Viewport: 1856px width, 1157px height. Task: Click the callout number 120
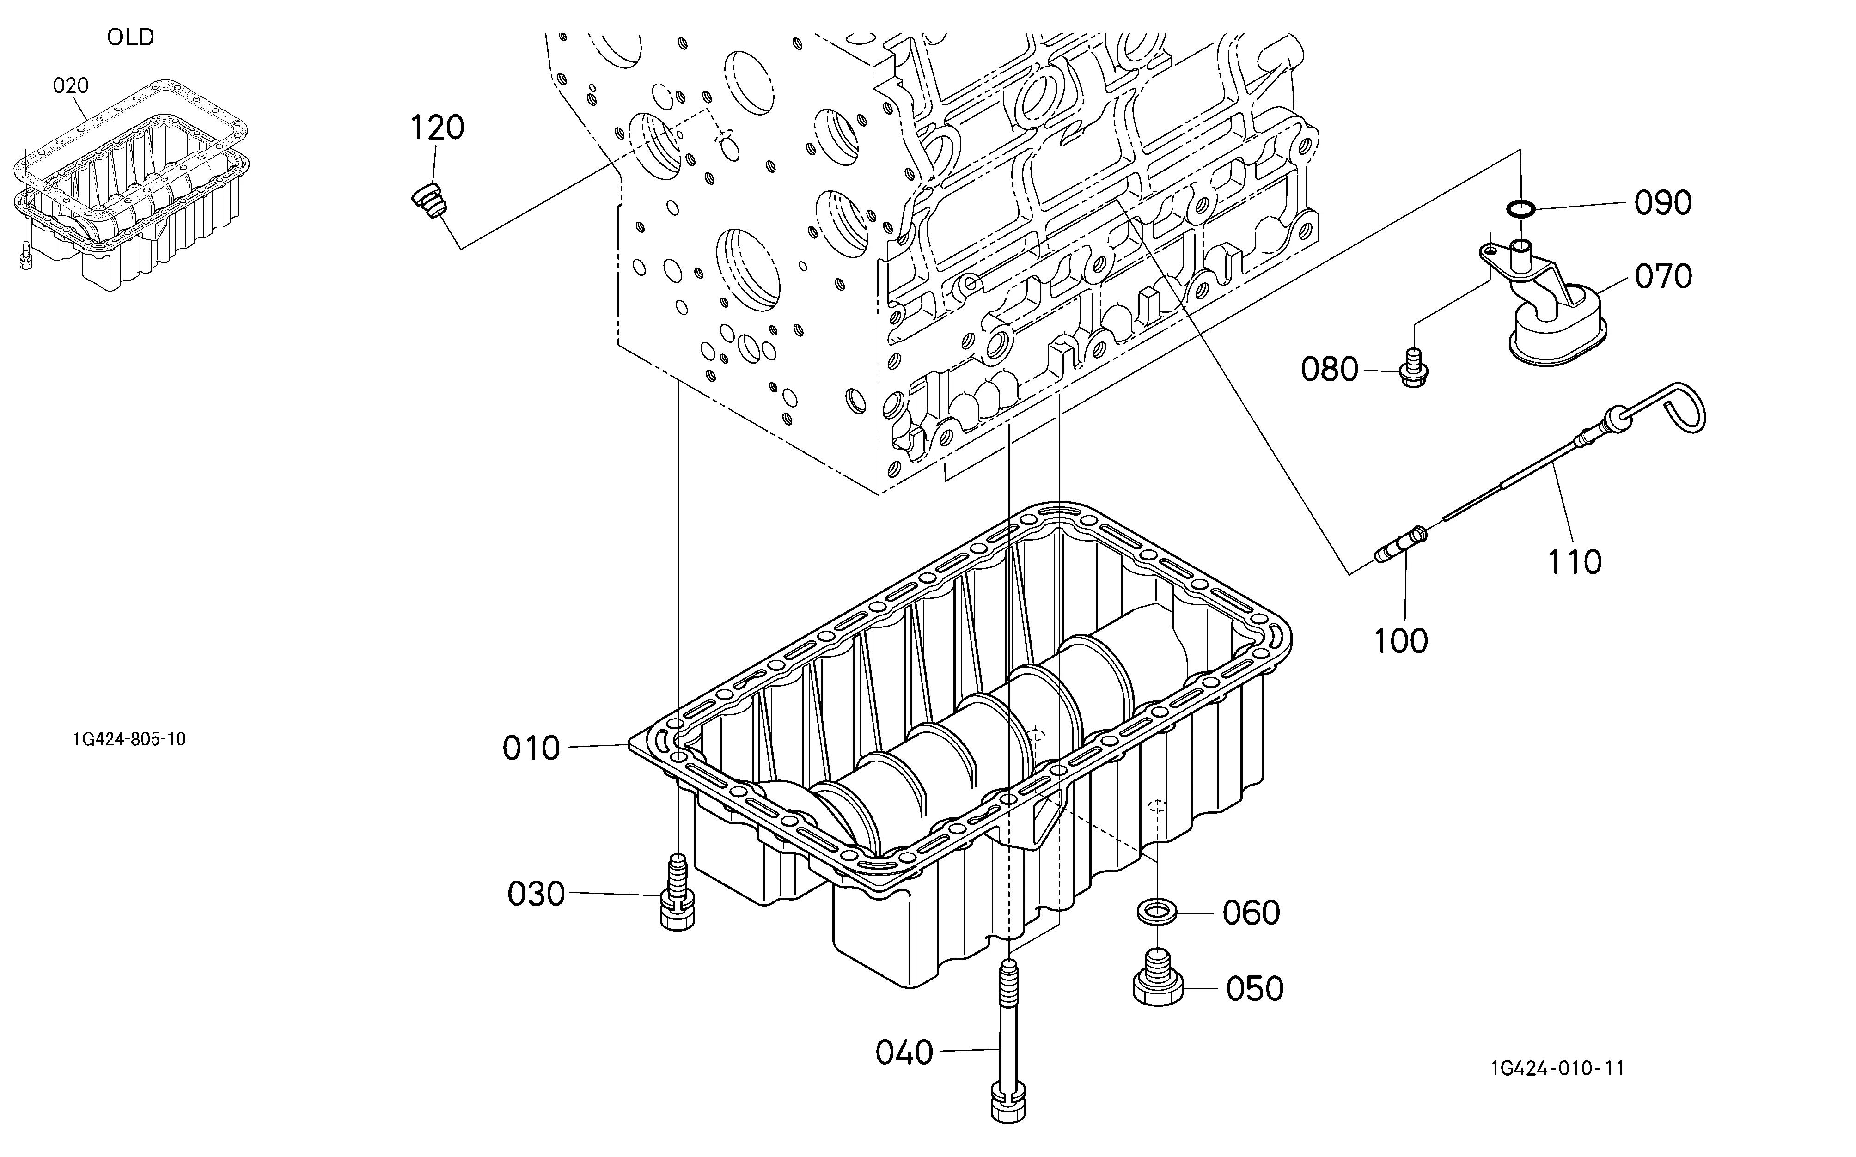coord(438,128)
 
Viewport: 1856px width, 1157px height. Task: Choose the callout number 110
coord(1575,562)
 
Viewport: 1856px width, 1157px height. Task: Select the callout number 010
coord(531,749)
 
